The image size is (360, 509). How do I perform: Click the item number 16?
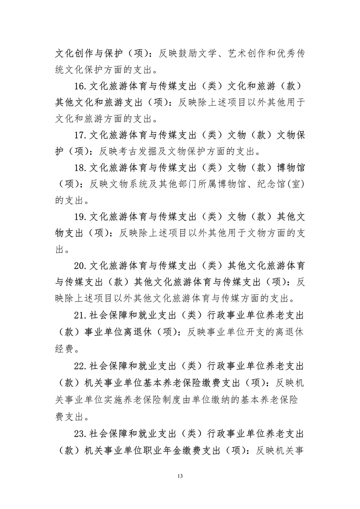(x=81, y=86)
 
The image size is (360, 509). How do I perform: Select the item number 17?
(x=81, y=134)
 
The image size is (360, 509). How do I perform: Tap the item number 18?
(x=81, y=168)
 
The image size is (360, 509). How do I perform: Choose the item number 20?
(x=81, y=265)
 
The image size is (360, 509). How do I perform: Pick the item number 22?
(x=81, y=363)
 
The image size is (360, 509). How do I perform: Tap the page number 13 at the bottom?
(x=180, y=476)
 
